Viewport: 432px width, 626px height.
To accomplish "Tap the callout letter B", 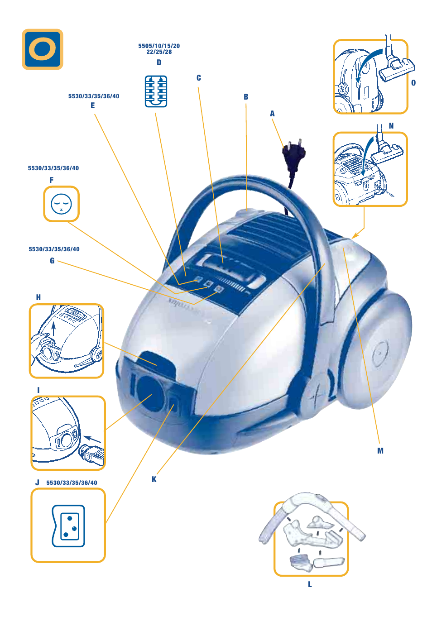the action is click(x=246, y=97).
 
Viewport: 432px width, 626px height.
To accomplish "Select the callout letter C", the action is click(x=198, y=78).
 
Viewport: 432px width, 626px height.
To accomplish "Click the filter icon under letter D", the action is click(x=156, y=91).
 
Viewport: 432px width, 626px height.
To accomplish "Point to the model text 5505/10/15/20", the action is click(x=159, y=46).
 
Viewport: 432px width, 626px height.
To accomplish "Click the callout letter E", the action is click(x=93, y=105).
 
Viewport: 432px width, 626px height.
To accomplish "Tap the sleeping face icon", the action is click(x=61, y=204).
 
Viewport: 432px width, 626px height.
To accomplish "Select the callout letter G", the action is click(x=52, y=261).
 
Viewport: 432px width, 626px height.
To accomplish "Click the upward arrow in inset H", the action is click(x=53, y=329).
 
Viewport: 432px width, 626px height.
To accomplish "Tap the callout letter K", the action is click(x=154, y=479).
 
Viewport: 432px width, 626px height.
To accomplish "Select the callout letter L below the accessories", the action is click(x=310, y=584).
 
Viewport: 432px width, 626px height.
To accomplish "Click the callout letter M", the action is click(x=380, y=451).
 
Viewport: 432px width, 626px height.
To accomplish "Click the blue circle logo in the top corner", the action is click(x=43, y=49).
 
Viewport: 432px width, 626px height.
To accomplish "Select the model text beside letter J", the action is click(x=72, y=483).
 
